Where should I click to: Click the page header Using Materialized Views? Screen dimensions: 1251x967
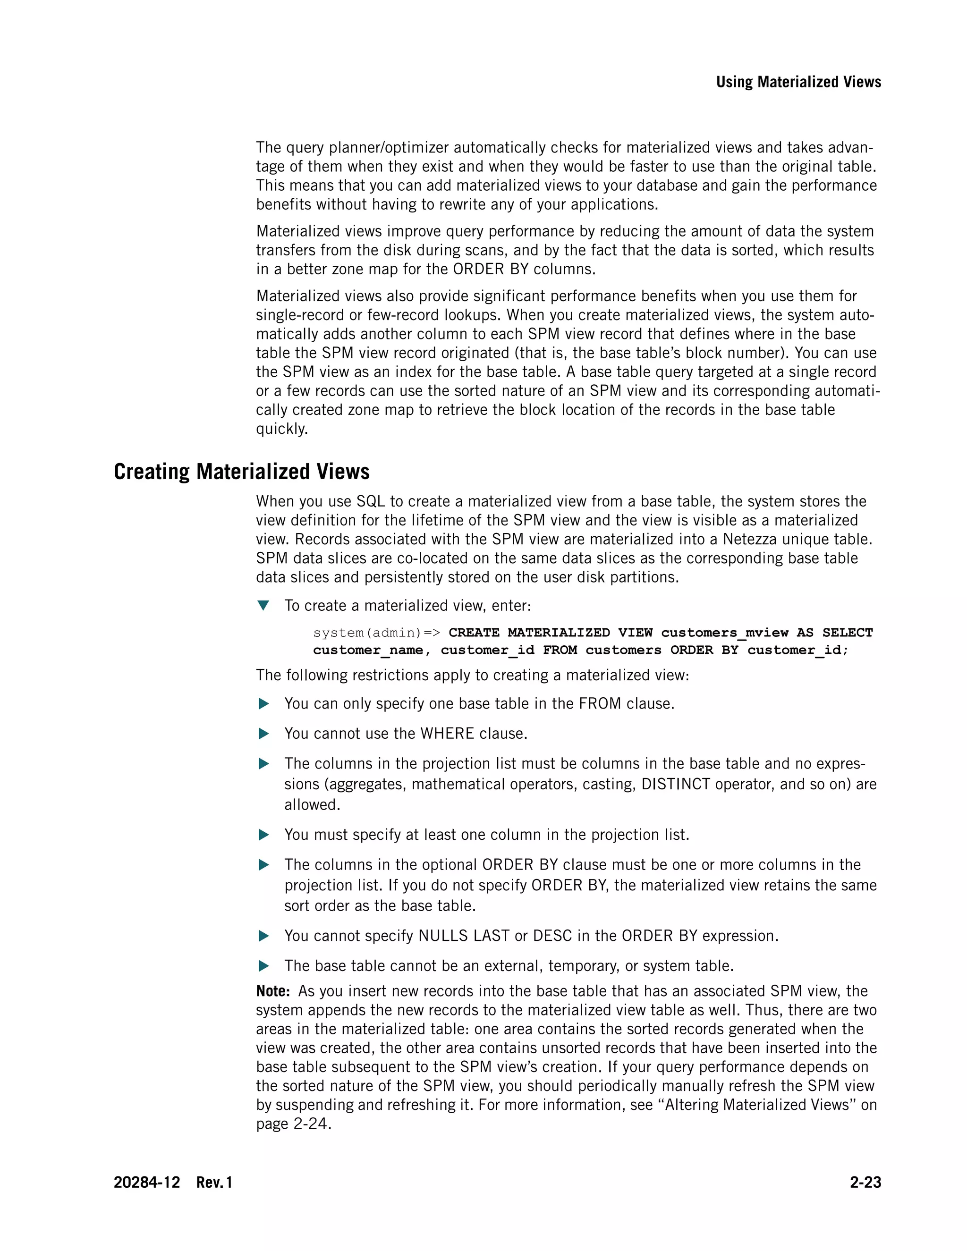click(x=798, y=82)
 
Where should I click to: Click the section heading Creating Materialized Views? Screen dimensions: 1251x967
click(x=241, y=472)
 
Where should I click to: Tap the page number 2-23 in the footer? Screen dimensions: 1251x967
click(x=865, y=1182)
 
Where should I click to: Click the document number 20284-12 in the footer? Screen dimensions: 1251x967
click(x=147, y=1182)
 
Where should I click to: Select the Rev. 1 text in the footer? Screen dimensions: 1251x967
click(x=214, y=1182)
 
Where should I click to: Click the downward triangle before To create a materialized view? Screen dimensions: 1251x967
click(x=263, y=606)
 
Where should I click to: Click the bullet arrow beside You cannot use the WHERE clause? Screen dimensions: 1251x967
click(x=263, y=734)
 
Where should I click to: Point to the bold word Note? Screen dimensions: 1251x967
click(x=273, y=991)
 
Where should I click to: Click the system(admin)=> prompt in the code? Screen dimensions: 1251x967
click(x=376, y=633)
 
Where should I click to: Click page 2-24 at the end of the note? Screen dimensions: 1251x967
click(x=293, y=1124)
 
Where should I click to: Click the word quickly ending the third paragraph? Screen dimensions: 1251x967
click(x=281, y=429)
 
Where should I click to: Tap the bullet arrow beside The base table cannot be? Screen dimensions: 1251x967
click(x=263, y=966)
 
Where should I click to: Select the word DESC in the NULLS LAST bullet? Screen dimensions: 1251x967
click(x=552, y=936)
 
